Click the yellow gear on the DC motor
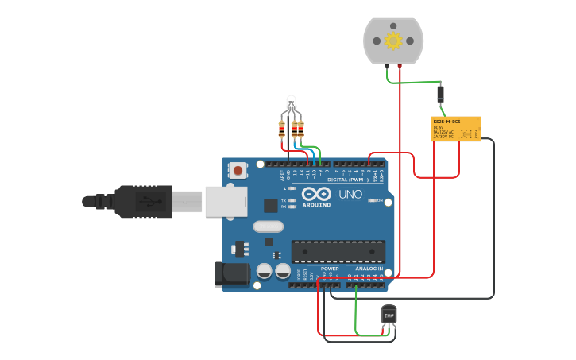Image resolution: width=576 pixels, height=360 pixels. pos(392,40)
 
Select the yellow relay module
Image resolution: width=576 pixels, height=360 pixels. pos(456,129)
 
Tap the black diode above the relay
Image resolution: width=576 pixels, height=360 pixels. pos(440,94)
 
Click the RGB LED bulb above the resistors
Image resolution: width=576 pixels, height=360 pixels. pos(291,103)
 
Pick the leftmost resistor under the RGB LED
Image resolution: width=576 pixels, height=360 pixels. pos(282,128)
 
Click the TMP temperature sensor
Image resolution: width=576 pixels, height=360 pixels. pos(389,315)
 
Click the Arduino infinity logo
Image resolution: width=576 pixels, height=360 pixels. pos(315,195)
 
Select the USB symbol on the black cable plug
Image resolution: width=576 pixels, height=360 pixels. pos(145,202)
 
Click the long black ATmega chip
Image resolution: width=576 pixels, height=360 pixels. pos(338,251)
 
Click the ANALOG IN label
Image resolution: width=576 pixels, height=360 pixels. pos(368,269)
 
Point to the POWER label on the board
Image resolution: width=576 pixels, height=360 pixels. pos(329,269)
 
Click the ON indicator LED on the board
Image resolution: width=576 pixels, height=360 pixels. pos(372,200)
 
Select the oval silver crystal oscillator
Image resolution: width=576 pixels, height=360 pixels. pos(269,226)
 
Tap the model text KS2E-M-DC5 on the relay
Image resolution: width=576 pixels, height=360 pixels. pos(446,121)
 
